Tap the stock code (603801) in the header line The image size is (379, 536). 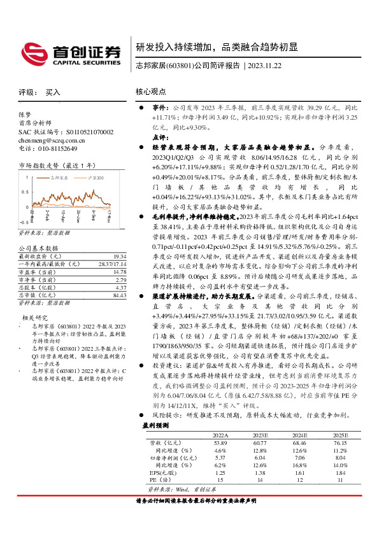tap(176, 66)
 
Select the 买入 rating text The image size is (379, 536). tap(52, 92)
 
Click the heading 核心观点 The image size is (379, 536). tap(150, 92)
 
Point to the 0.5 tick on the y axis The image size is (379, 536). tap(25, 190)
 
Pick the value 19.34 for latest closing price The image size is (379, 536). tap(103, 255)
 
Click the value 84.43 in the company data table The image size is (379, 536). tap(103, 295)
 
